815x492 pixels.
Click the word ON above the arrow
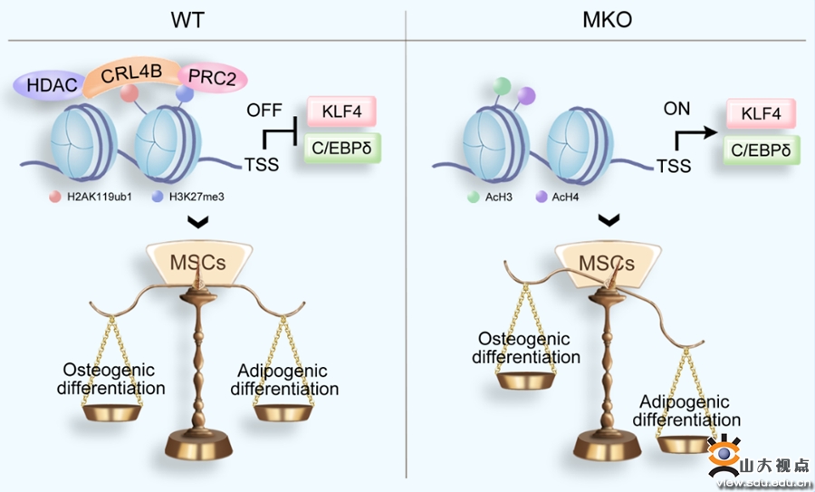(676, 109)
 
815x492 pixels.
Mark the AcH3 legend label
(497, 197)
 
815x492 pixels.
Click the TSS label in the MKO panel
(674, 166)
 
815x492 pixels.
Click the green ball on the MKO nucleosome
(501, 87)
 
